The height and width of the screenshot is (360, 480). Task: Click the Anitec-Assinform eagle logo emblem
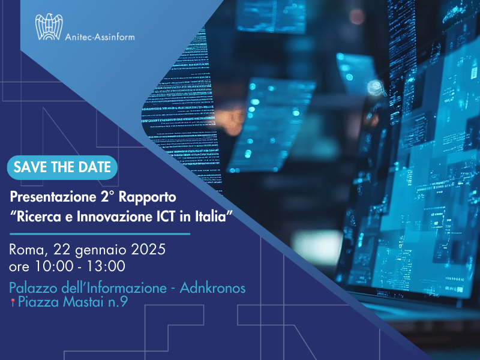[x=49, y=28]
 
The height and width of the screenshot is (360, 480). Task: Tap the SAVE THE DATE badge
[x=62, y=167]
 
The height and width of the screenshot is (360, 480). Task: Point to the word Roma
[x=27, y=248]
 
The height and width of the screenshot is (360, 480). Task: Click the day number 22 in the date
[x=61, y=248]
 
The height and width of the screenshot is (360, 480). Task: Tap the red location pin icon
[x=13, y=303]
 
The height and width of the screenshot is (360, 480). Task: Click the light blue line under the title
[x=100, y=233]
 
